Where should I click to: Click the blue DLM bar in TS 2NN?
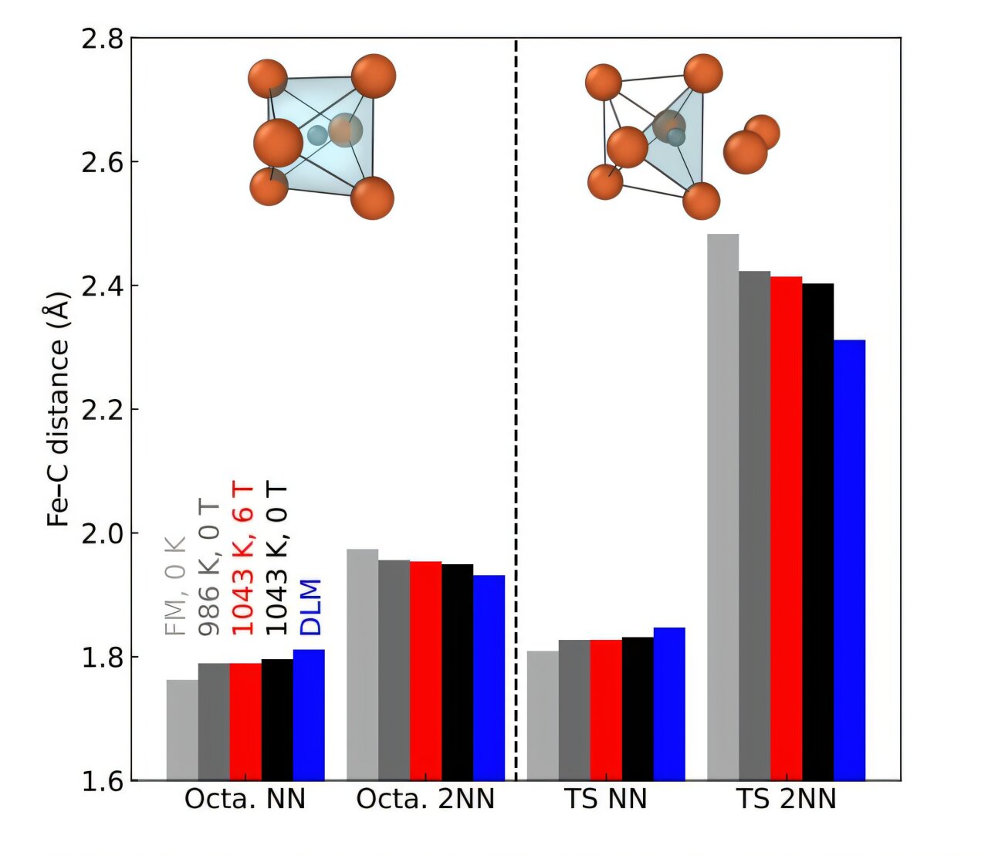click(x=849, y=560)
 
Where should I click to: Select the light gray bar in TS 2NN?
click(x=722, y=506)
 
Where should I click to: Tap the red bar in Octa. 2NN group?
click(x=425, y=670)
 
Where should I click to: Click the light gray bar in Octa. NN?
click(x=182, y=729)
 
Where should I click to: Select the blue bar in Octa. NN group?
click(x=309, y=714)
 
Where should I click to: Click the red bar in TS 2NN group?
click(x=786, y=528)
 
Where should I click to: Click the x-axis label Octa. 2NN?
click(x=425, y=800)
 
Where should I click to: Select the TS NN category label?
click(x=606, y=800)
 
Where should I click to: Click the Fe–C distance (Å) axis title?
click(x=57, y=409)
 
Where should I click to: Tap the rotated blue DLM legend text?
click(x=310, y=607)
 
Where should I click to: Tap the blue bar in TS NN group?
click(x=669, y=703)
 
